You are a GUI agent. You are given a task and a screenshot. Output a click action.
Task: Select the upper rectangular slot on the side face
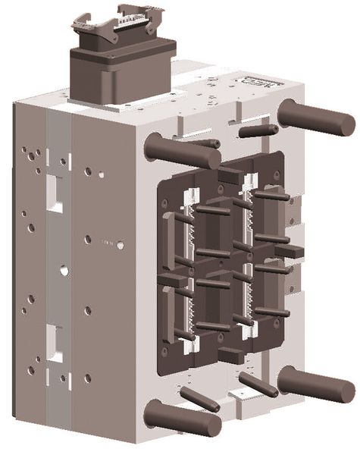point(55,190)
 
